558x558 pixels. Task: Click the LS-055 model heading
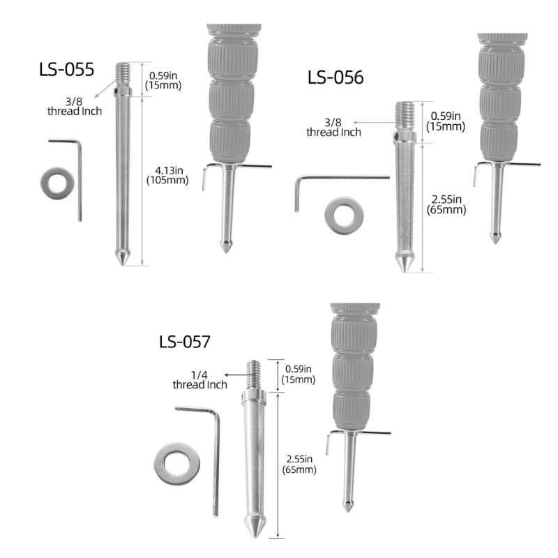click(66, 69)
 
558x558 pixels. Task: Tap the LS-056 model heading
click(335, 77)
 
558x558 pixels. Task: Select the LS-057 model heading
click(185, 342)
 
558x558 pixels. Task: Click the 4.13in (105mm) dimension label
click(167, 175)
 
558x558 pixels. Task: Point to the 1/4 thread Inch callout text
click(199, 379)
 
